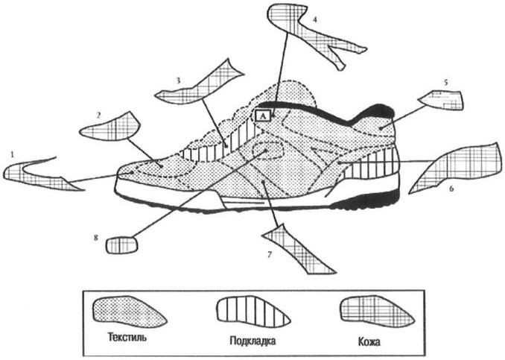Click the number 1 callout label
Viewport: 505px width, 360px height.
(x=11, y=153)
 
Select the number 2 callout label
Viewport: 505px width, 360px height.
(x=98, y=115)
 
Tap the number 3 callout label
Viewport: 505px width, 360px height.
(x=178, y=79)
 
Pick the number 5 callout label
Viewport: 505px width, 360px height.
(x=445, y=83)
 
